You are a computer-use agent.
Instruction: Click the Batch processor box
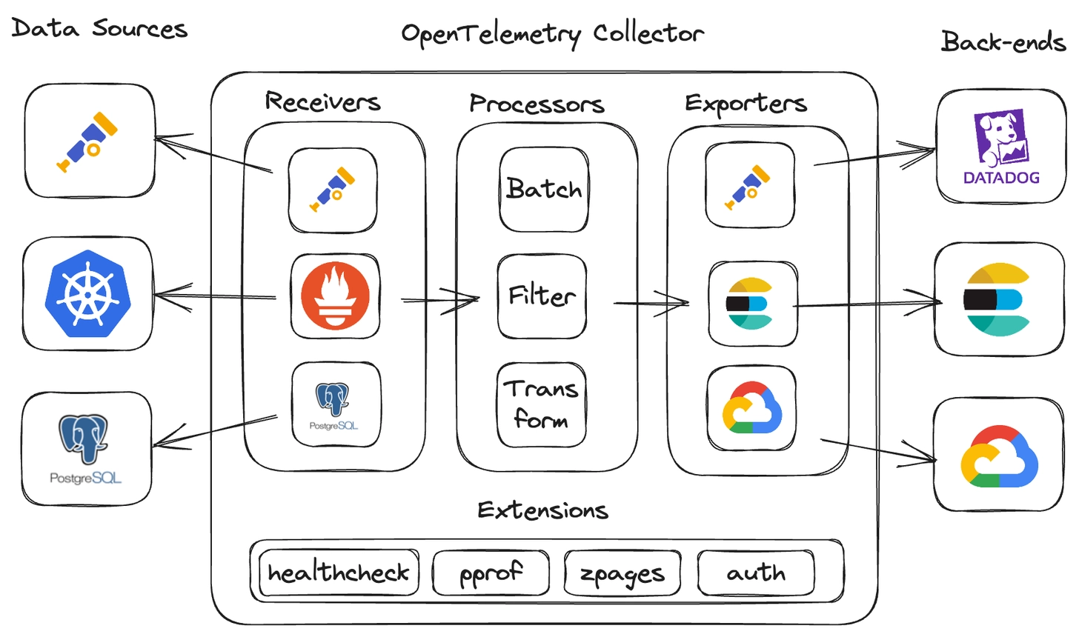pyautogui.click(x=544, y=190)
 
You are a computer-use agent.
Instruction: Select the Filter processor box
pyautogui.click(x=542, y=296)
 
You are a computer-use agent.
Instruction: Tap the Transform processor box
pyautogui.click(x=542, y=404)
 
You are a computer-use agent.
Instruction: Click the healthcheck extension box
pyautogui.click(x=339, y=573)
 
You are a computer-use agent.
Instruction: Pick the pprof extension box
pyautogui.click(x=491, y=573)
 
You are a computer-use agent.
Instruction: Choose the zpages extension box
pyautogui.click(x=622, y=573)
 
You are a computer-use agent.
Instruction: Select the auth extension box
pyautogui.click(x=756, y=573)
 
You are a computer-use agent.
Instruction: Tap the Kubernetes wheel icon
pyautogui.click(x=87, y=293)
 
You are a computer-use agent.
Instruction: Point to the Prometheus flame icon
pyautogui.click(x=335, y=296)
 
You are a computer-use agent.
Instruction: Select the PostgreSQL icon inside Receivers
pyautogui.click(x=335, y=404)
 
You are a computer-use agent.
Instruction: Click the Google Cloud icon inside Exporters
pyautogui.click(x=751, y=408)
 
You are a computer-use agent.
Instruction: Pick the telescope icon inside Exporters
pyautogui.click(x=748, y=186)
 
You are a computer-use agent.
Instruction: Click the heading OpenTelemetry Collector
pyautogui.click(x=552, y=34)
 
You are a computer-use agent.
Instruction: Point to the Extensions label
pyautogui.click(x=542, y=510)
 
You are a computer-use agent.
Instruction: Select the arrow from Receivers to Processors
pyautogui.click(x=440, y=300)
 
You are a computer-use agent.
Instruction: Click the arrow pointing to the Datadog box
pyautogui.click(x=874, y=157)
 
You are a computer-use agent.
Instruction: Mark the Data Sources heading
pyautogui.click(x=99, y=28)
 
